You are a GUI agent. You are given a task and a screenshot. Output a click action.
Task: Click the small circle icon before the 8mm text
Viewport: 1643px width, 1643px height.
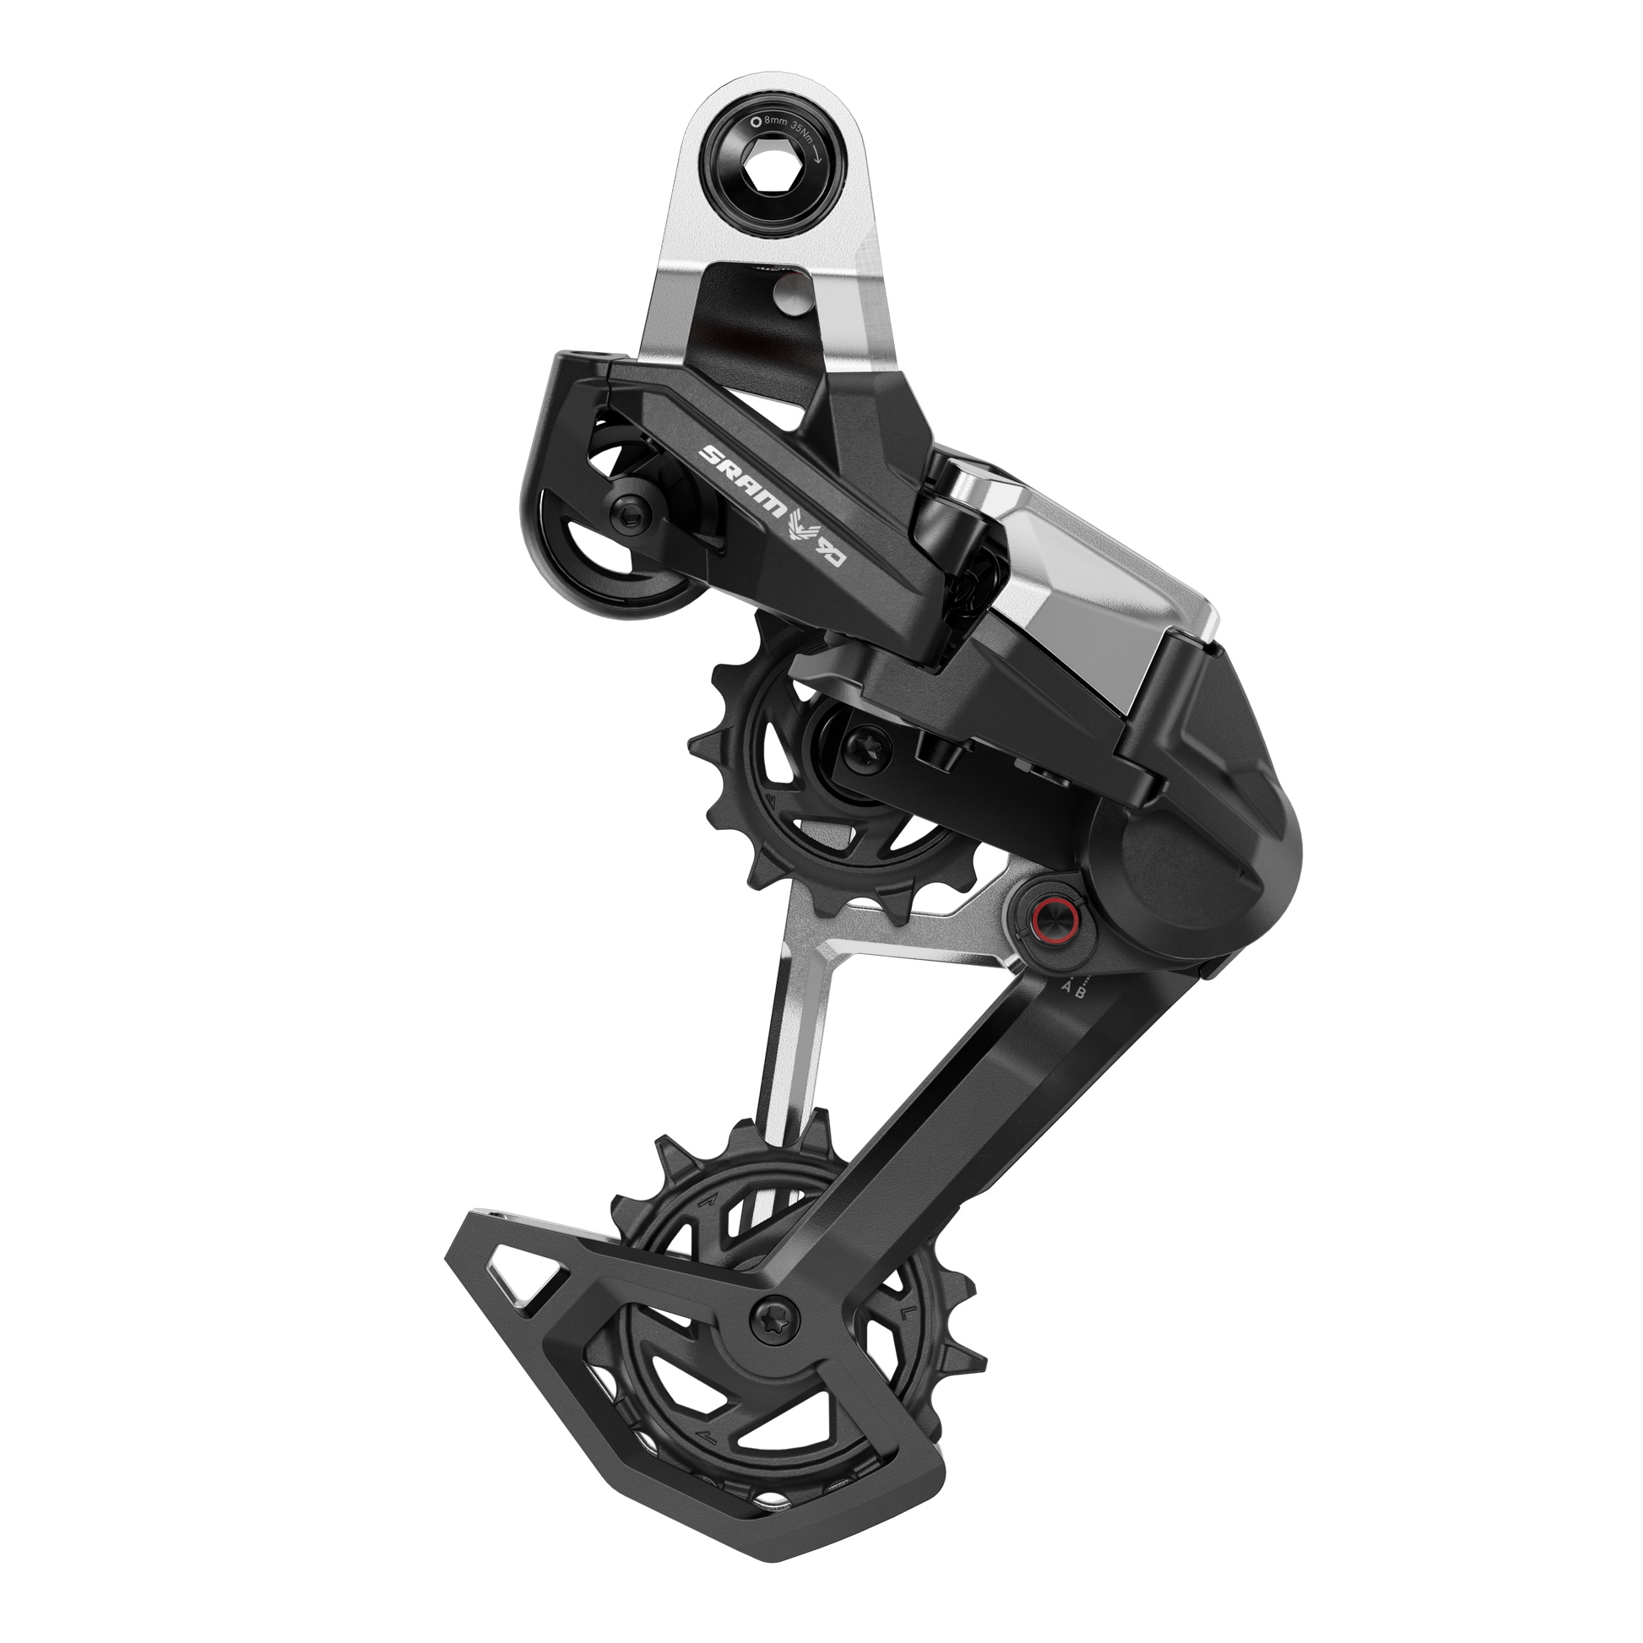[x=756, y=122]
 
